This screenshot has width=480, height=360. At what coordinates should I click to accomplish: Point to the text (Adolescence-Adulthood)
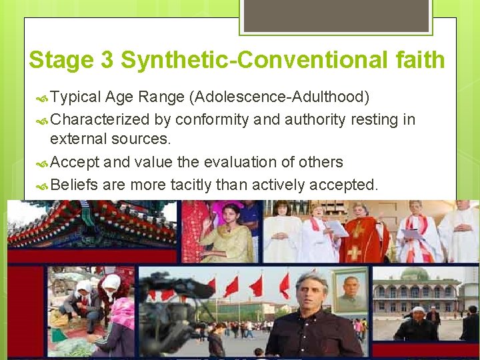coord(279,98)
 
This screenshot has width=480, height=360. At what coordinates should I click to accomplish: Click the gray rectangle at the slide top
coord(335,15)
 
